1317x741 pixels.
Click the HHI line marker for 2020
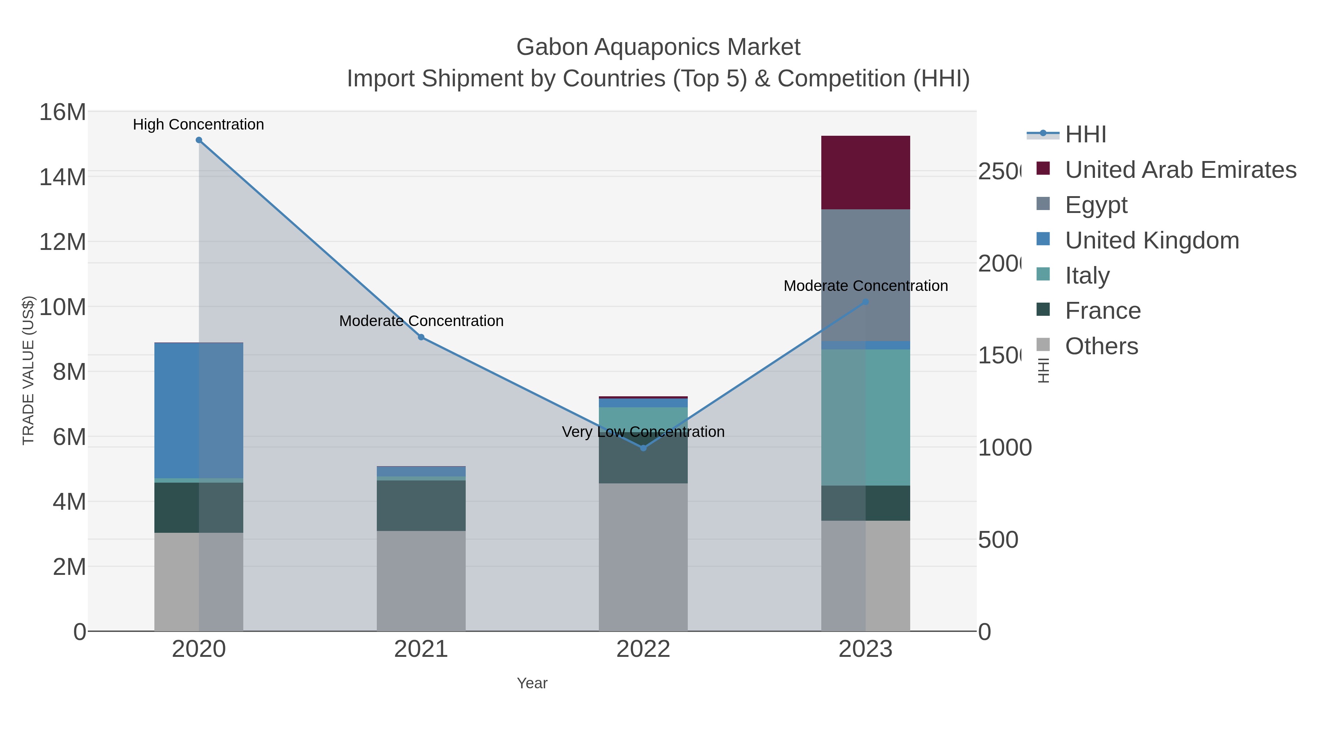199,140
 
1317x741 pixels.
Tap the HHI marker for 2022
643,448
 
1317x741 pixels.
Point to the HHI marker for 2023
866,302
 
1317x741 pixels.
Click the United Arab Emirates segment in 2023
866,172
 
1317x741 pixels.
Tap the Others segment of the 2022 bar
643,557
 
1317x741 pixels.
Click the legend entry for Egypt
1096,205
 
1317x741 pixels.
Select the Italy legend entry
1087,276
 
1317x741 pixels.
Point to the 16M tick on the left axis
62,112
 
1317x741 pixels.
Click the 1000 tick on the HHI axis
1004,448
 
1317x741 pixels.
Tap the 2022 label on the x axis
643,650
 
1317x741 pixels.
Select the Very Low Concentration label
643,432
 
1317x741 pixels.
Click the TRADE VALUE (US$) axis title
28,370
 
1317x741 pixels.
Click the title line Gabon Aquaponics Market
658,47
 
